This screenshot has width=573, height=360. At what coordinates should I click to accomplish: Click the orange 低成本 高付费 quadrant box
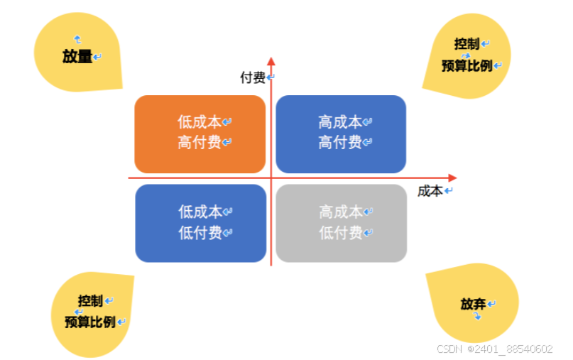click(200, 133)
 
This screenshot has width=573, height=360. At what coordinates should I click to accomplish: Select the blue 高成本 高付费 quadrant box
click(341, 133)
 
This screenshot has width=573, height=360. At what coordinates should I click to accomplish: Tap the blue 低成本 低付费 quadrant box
click(200, 223)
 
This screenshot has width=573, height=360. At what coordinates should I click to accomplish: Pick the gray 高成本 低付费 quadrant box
click(341, 223)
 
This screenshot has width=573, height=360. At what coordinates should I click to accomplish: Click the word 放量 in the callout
click(77, 57)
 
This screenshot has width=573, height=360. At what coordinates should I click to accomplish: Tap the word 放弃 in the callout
click(473, 304)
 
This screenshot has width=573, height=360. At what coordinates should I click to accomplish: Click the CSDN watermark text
click(494, 349)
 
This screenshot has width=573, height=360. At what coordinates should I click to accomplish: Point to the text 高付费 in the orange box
click(200, 143)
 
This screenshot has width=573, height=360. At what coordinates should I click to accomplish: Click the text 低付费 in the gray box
click(341, 232)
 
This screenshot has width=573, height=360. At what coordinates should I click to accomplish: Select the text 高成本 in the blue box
click(340, 123)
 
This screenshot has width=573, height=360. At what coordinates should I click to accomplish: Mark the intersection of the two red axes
click(271, 178)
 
